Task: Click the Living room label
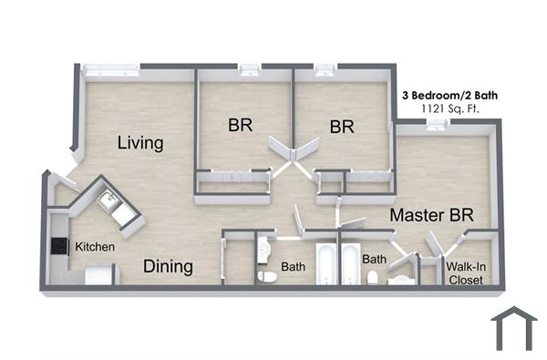click(x=140, y=143)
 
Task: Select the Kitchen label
click(x=94, y=246)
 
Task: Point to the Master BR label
click(x=431, y=216)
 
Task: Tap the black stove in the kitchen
click(x=61, y=246)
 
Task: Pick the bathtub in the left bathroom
click(x=325, y=264)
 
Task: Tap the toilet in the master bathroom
click(x=372, y=277)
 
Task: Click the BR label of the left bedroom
click(x=240, y=126)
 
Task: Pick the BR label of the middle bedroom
click(x=342, y=127)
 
